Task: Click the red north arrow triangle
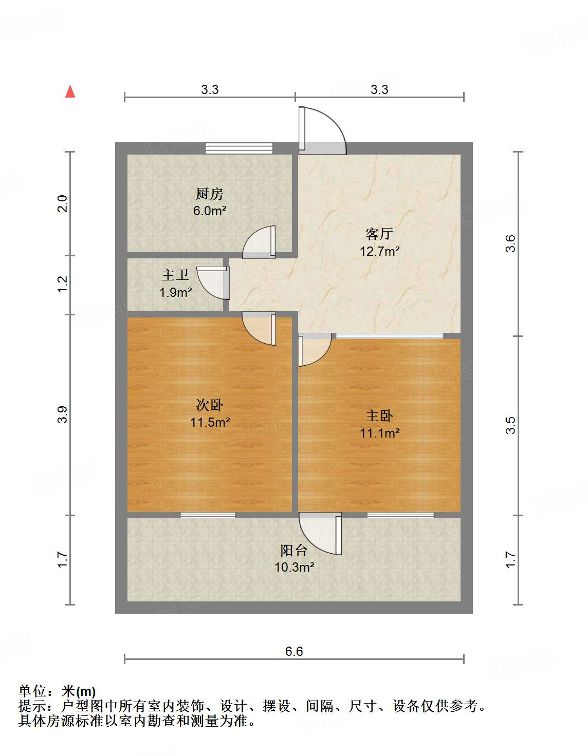70,91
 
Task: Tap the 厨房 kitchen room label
210,194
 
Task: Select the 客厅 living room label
379,234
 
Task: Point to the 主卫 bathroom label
175,275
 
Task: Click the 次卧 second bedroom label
210,405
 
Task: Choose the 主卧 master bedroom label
379,415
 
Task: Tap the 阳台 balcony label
294,550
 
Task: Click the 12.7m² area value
379,251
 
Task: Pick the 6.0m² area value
210,211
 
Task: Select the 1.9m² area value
175,292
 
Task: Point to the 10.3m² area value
294,567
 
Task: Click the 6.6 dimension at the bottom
294,651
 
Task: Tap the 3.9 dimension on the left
62,414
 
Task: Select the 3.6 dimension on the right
510,243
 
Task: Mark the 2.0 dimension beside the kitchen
62,203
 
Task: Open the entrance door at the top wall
321,131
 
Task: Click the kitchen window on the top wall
239,148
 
